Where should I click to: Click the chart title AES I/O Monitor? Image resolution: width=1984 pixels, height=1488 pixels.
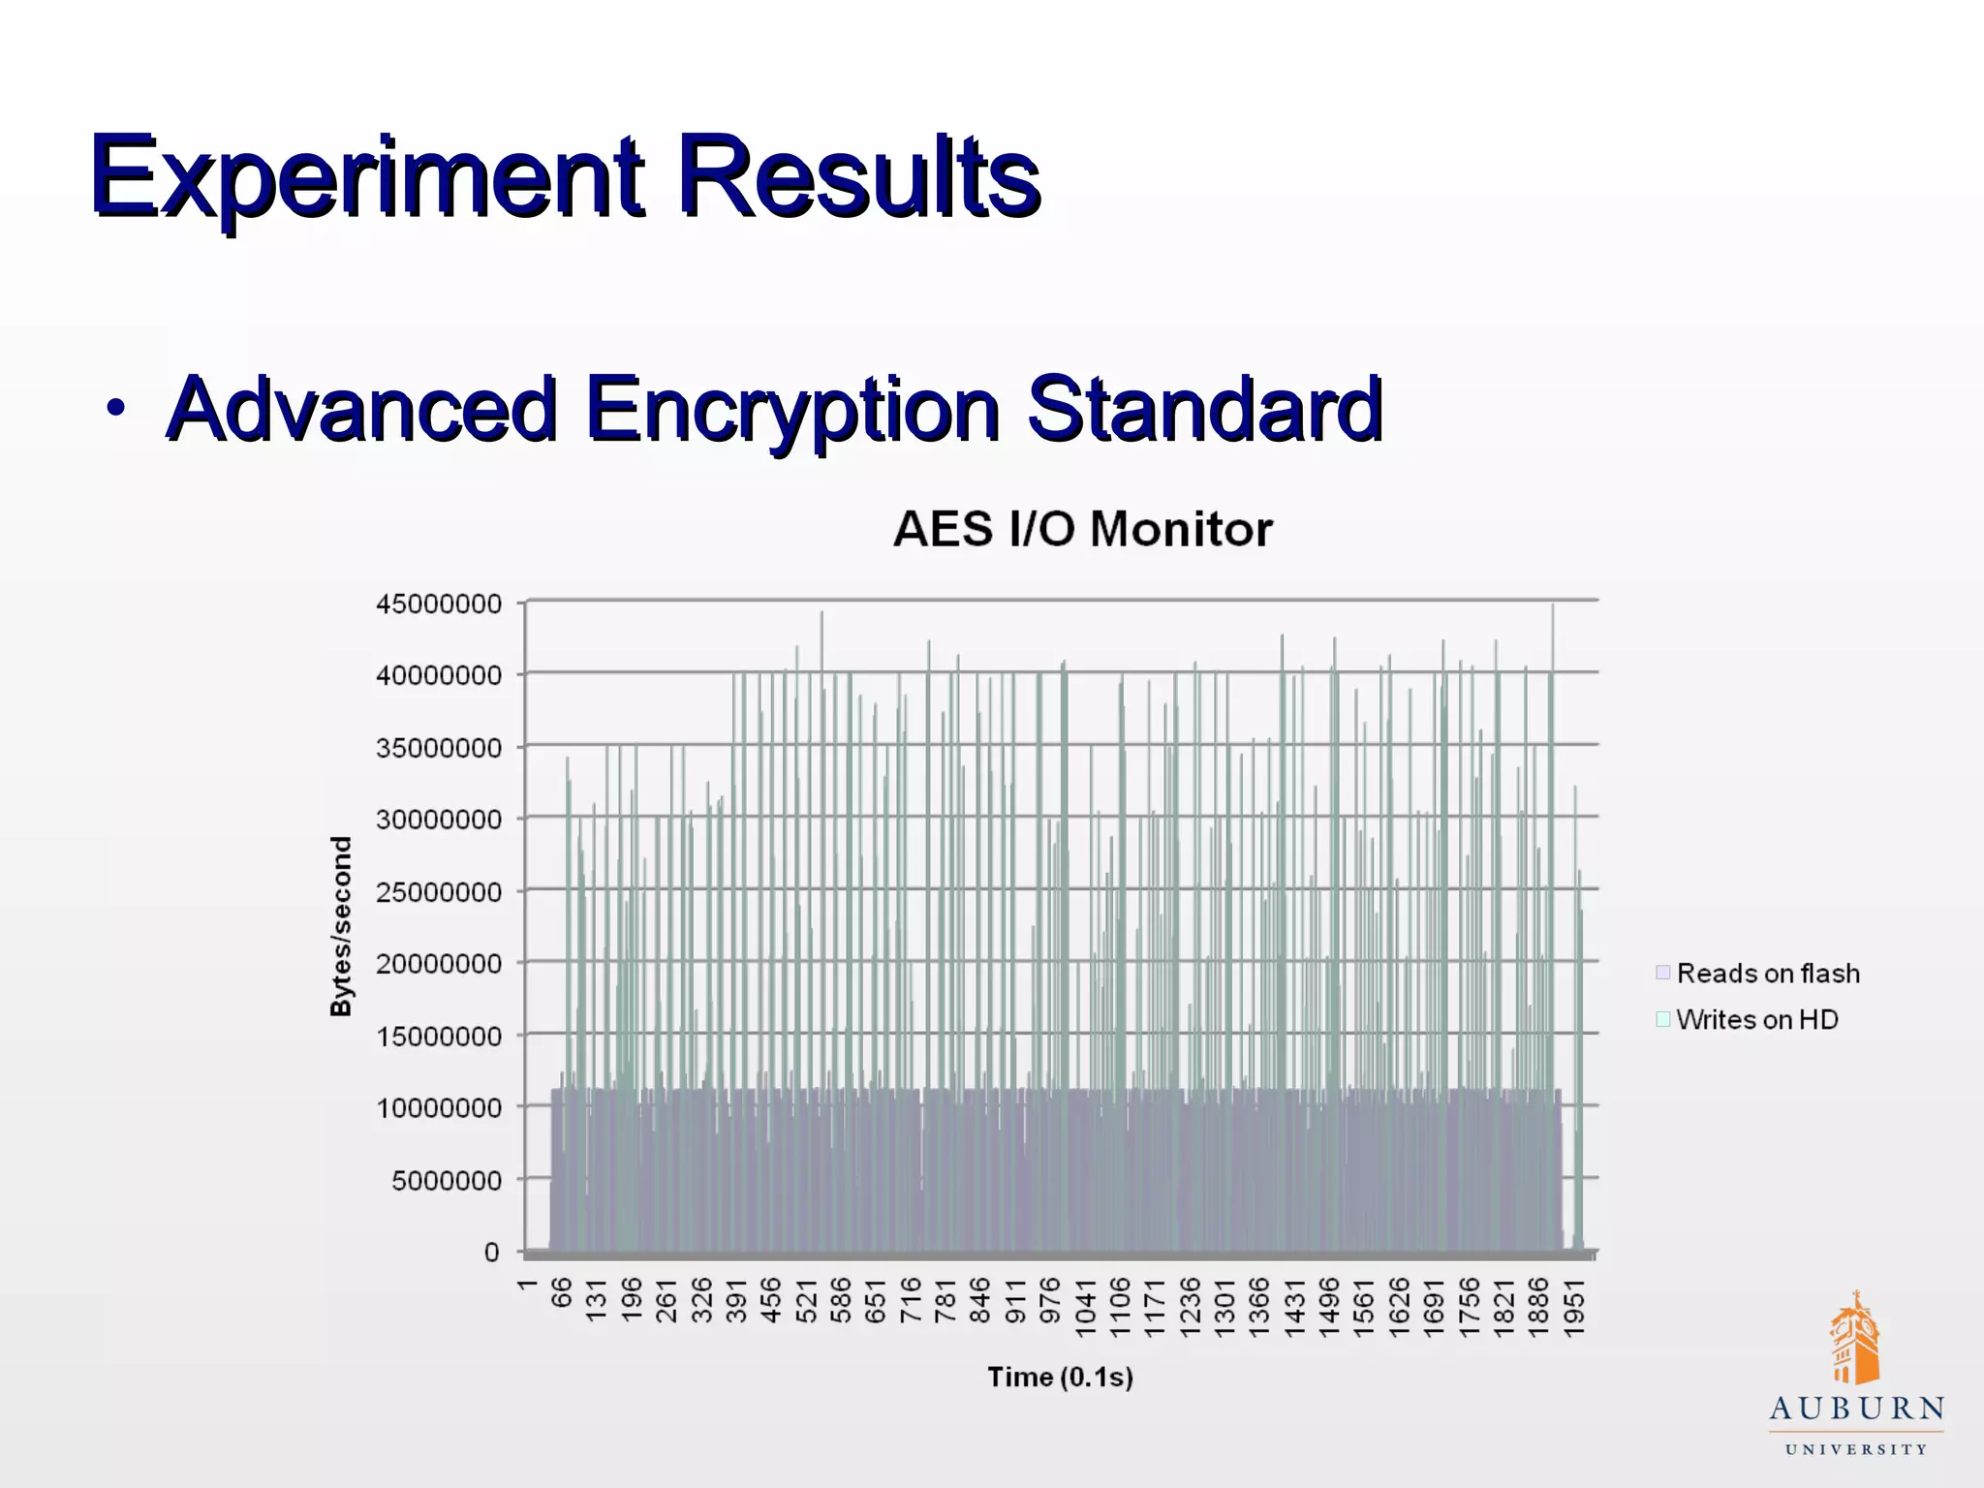tap(1082, 529)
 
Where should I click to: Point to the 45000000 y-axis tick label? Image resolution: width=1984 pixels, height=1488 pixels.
tap(439, 604)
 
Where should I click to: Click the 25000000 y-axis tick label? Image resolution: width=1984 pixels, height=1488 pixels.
tap(439, 892)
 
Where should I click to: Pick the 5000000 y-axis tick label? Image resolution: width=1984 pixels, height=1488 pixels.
tap(447, 1180)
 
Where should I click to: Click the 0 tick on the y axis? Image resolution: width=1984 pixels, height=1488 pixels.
tap(491, 1253)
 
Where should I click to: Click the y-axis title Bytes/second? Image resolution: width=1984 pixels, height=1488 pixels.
tap(341, 926)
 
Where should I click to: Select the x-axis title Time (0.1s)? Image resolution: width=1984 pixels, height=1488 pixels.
tap(1060, 1377)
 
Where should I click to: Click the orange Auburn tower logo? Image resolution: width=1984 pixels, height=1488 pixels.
tap(1854, 1340)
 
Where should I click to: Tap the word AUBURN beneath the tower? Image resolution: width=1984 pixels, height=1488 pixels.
tap(1856, 1409)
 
